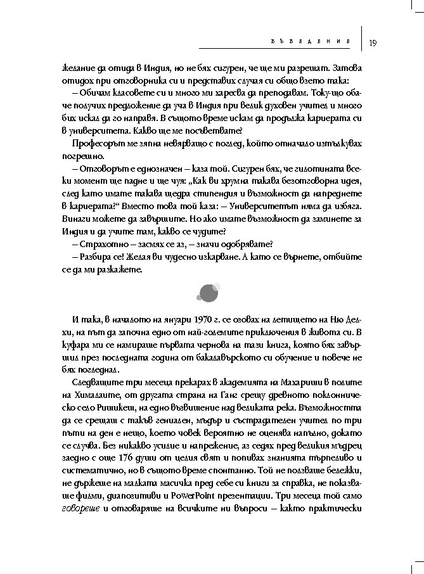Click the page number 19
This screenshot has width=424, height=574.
coord(373,42)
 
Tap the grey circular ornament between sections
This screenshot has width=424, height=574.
coord(209,291)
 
